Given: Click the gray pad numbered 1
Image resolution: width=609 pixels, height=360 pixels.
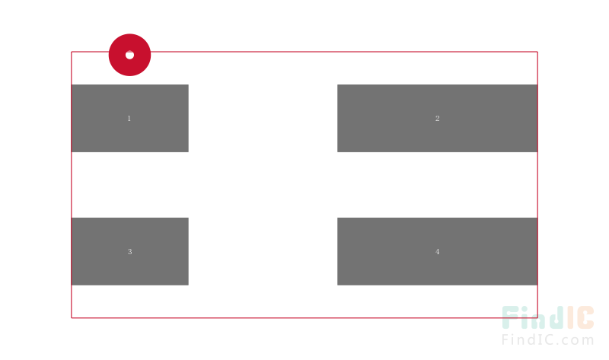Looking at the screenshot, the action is point(129,118).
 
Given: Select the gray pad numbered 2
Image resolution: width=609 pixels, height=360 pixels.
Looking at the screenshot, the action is point(437,118).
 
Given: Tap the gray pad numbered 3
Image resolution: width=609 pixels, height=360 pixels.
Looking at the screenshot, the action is point(129,251).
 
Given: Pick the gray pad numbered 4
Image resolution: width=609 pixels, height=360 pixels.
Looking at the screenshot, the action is point(437,251).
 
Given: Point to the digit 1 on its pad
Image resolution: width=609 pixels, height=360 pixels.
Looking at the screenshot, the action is point(129,119).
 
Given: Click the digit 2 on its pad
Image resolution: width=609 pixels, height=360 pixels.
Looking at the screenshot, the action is point(437,119).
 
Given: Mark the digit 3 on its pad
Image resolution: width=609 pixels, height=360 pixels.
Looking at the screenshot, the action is point(129,252).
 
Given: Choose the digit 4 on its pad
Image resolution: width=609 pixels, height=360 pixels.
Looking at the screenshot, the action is point(437,252).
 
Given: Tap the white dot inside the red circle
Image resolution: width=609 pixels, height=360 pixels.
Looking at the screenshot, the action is point(129,55).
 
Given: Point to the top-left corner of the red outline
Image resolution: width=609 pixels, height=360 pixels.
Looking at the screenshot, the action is point(72,52).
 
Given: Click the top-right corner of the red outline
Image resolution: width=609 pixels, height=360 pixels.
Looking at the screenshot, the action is point(537,52).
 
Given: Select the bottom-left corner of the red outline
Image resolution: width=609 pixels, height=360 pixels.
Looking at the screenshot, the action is point(72,317).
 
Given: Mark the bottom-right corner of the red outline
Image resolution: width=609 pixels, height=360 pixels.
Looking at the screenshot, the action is point(537,317).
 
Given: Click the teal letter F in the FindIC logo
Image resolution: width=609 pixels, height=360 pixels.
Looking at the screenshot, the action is point(511,317).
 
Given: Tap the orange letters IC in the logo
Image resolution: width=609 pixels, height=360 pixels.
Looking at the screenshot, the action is point(580,317).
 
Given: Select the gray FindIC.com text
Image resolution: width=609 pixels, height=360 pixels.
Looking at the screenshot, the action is point(547,339).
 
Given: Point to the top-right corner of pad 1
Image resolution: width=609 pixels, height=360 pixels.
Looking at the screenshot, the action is point(188,84).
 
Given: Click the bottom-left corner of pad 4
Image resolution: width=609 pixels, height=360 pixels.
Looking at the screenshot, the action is point(337,285).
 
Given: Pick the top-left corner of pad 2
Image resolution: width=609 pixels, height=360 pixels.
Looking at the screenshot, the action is point(337,84).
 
